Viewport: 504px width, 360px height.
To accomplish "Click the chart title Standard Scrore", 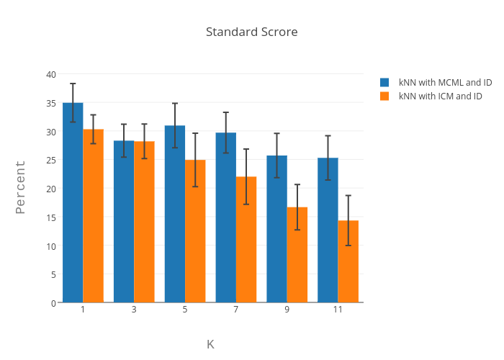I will coord(251,32).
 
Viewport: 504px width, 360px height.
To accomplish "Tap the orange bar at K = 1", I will coord(93,216).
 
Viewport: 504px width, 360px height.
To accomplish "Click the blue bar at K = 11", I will coord(328,230).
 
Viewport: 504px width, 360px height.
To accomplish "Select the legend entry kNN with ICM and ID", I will coord(440,96).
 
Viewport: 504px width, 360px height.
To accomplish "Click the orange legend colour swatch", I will coord(384,96).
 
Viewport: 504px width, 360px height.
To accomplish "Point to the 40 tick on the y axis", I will coord(51,74).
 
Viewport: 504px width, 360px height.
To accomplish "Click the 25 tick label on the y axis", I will coord(51,160).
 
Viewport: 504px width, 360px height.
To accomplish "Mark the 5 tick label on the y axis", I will coord(53,274).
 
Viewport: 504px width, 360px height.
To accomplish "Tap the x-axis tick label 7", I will coord(236,310).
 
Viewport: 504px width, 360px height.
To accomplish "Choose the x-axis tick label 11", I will coord(338,310).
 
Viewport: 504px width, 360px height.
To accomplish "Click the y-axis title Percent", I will coord(20,187).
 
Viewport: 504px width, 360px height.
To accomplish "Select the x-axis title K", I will coord(210,344).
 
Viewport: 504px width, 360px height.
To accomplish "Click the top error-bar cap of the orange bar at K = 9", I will coord(297,185).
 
